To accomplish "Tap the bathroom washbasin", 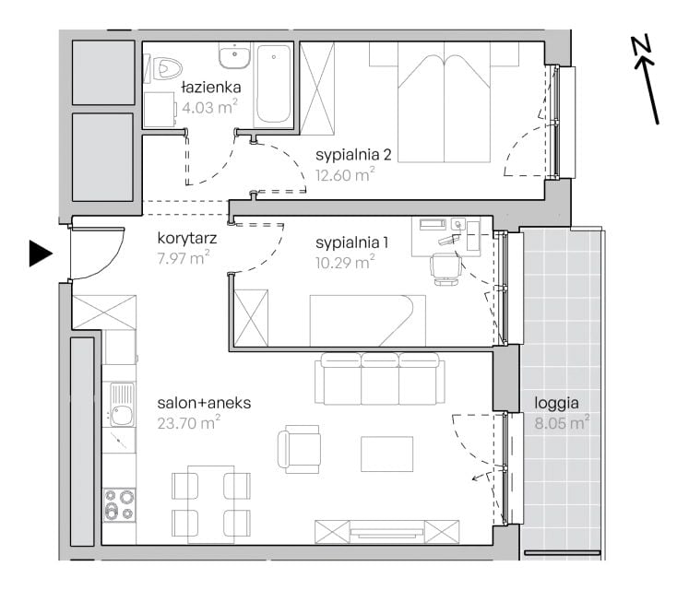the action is (235, 56).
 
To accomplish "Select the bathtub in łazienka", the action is (273, 85).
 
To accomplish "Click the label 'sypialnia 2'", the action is (353, 155).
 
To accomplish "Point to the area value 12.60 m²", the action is (345, 175).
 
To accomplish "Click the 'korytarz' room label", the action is (187, 239).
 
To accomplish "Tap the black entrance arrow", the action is (41, 254).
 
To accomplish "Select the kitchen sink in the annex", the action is (120, 405).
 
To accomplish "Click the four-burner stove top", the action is (119, 505).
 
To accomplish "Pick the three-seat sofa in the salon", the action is (380, 379).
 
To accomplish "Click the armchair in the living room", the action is (299, 449).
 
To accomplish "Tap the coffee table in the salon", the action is (386, 454).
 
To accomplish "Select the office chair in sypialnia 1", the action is (446, 269).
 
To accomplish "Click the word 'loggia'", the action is (556, 403).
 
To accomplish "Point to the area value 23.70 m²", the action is (189, 423).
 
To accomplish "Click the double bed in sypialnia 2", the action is (444, 103).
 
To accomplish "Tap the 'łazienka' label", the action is (211, 87).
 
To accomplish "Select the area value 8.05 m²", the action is (562, 423).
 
